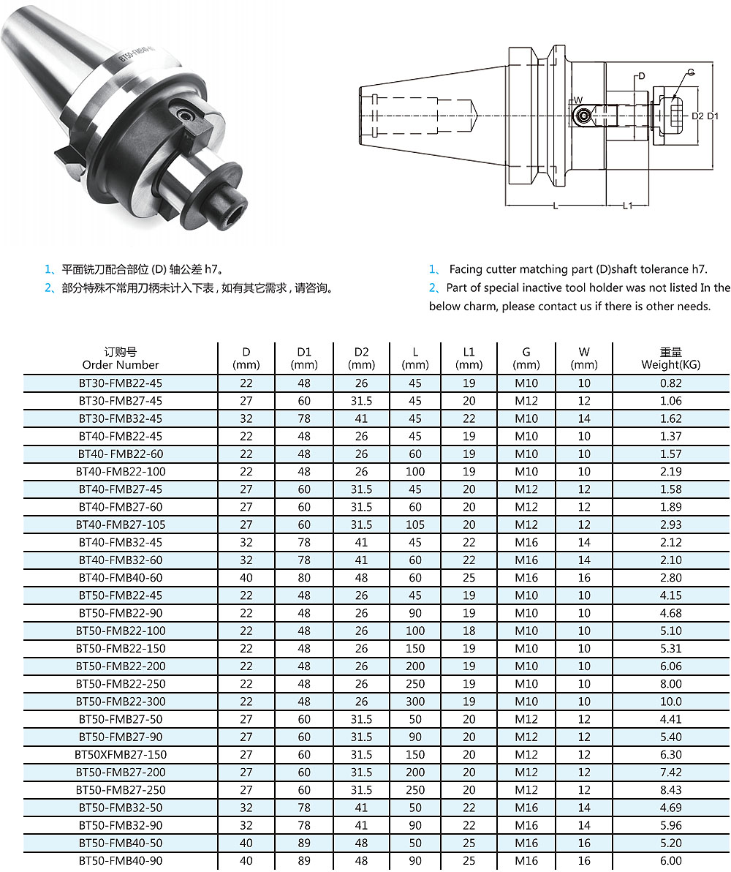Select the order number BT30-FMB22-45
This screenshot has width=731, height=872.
(121, 383)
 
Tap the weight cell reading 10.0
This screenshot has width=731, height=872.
(670, 702)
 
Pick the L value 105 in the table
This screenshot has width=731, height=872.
(414, 525)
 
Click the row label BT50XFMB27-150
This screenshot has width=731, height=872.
(121, 755)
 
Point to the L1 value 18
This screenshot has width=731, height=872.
(469, 631)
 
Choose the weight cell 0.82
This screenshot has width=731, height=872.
(670, 383)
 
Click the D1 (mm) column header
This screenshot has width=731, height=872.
(304, 358)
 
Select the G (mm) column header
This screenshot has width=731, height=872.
(526, 358)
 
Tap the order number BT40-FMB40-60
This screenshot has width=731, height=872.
(121, 578)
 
